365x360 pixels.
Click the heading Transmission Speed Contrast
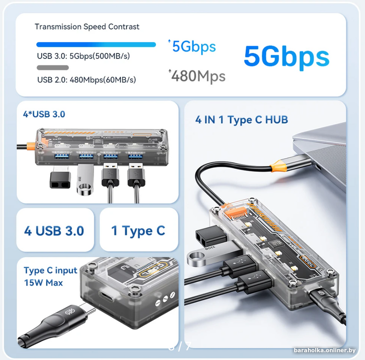[87, 26]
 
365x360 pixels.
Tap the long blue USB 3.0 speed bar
[96, 44]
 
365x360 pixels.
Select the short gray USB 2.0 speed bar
[53, 68]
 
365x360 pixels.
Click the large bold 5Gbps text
[287, 57]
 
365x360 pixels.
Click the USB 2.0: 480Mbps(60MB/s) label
[87, 80]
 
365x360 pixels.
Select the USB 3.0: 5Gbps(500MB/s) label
[83, 56]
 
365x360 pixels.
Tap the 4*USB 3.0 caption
[44, 114]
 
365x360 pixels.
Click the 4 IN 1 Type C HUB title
[242, 120]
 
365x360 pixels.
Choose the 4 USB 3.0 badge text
[54, 231]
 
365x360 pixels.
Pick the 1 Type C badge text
[138, 231]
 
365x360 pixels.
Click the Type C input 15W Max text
[51, 276]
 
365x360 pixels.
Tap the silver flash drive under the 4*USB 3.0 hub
[85, 180]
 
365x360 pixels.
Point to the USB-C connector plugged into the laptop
[291, 164]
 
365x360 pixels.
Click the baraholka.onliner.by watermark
[325, 350]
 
